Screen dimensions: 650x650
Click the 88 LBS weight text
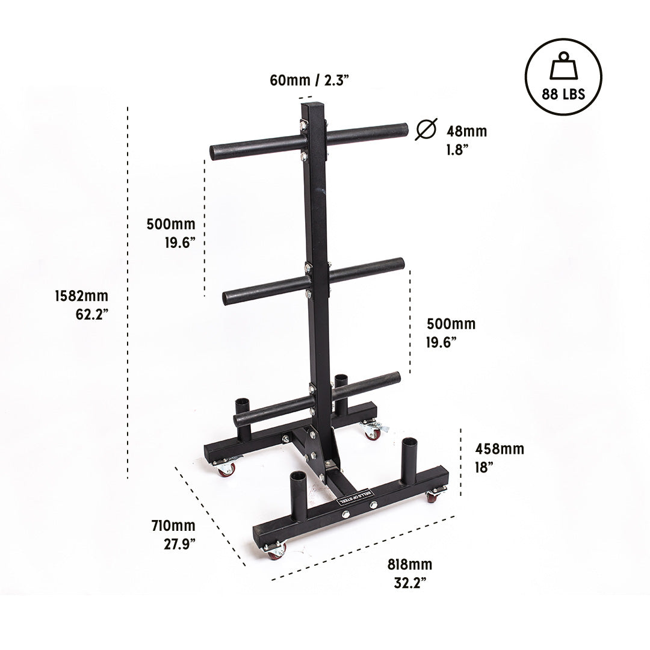(x=563, y=94)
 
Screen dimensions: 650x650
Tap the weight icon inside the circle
(x=563, y=66)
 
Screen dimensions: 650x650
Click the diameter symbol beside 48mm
(x=426, y=129)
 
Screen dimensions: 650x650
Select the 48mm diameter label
(x=466, y=140)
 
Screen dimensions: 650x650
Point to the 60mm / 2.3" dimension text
(x=309, y=80)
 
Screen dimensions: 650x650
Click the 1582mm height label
(x=82, y=305)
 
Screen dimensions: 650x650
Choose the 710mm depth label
(x=173, y=534)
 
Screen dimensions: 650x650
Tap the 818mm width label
(x=410, y=574)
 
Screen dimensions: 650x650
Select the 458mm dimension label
(x=499, y=457)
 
